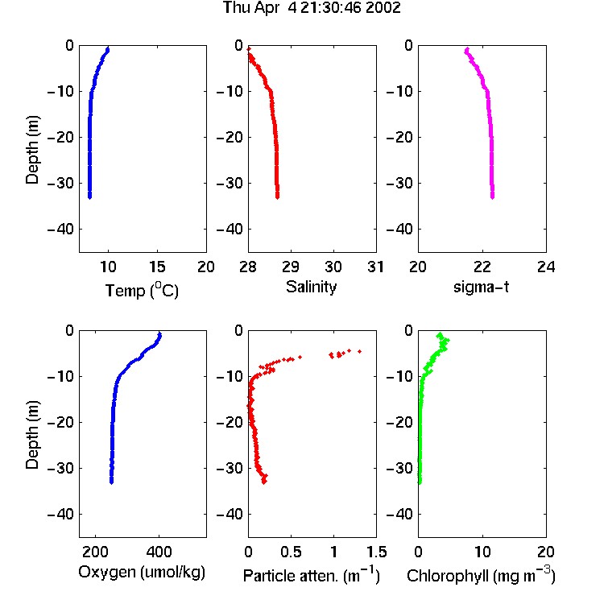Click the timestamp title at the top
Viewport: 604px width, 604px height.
tap(312, 8)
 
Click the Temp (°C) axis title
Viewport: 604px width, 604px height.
tap(142, 290)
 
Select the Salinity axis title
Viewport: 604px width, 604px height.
tap(311, 287)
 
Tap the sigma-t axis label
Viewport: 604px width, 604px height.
tap(481, 287)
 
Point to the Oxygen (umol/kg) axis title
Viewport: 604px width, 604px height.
tap(142, 573)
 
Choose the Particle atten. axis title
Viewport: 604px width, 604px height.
tap(311, 575)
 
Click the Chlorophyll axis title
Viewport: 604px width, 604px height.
tap(481, 575)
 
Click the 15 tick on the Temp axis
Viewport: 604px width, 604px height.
tap(157, 267)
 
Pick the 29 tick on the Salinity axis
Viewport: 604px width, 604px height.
tap(291, 267)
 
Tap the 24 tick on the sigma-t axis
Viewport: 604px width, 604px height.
tap(546, 267)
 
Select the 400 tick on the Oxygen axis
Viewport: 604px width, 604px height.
tap(159, 552)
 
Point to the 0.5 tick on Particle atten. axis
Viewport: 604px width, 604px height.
tap(291, 552)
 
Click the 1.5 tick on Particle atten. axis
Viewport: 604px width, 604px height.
tap(376, 552)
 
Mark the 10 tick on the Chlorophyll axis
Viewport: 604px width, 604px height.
tap(482, 552)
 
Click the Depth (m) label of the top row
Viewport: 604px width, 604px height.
tap(32, 150)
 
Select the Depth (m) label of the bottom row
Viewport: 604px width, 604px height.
tap(32, 435)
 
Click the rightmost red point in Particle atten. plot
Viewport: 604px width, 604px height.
tap(360, 351)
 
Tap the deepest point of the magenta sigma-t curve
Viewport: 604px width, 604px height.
tap(492, 197)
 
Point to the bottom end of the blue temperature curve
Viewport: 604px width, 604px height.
tap(89, 197)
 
